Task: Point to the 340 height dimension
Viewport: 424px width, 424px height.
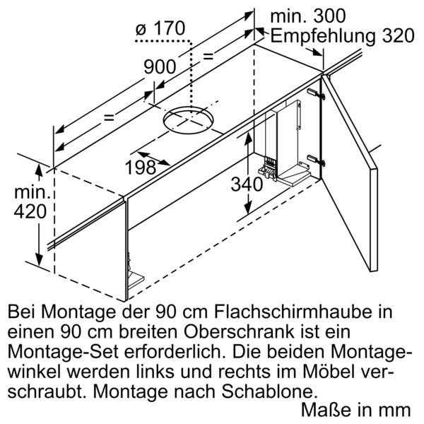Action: pyautogui.click(x=247, y=184)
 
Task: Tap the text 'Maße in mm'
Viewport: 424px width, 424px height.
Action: pyautogui.click(x=355, y=409)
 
